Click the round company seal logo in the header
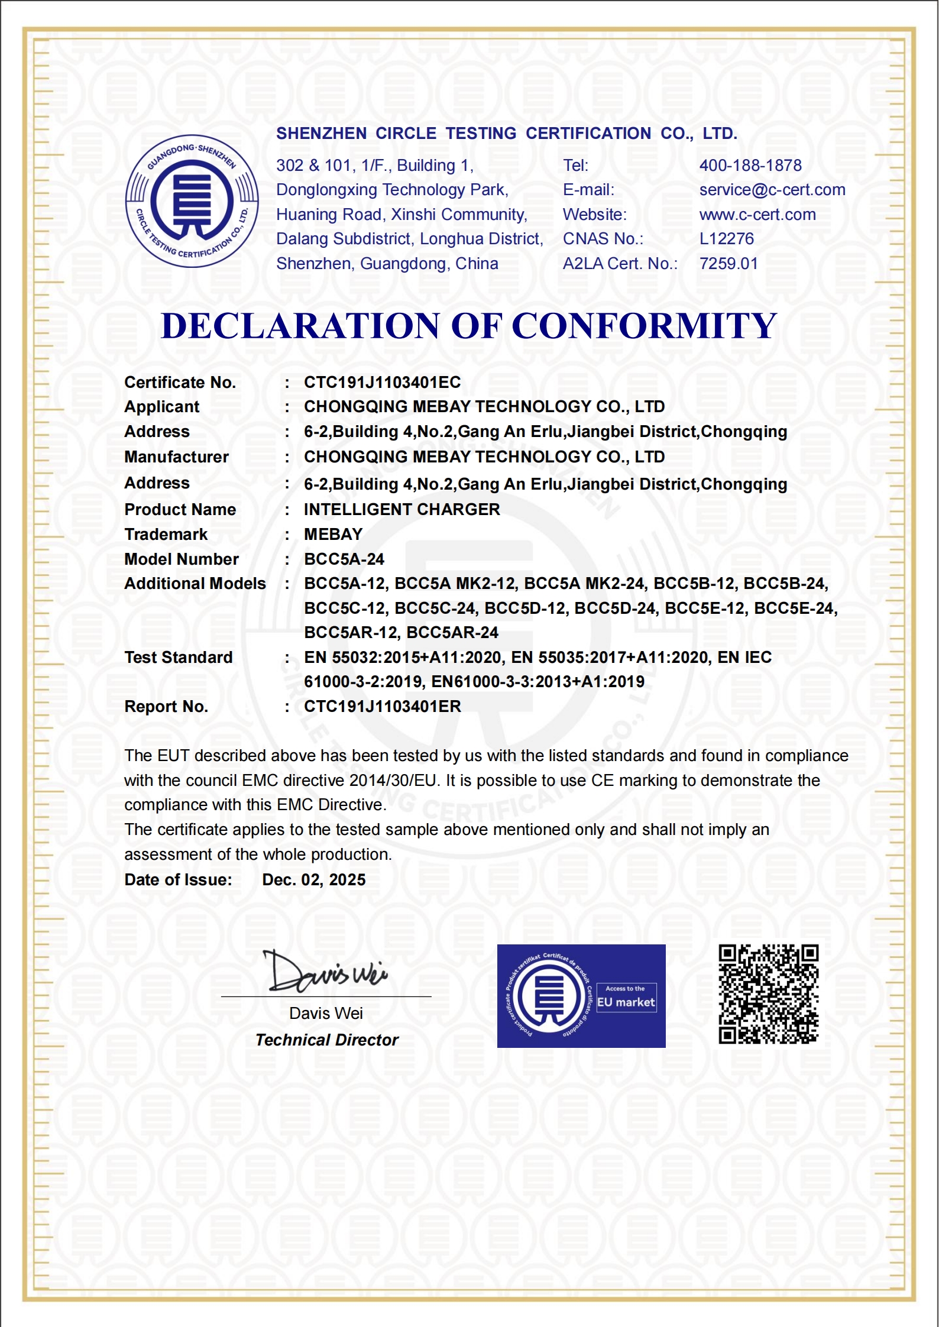pyautogui.click(x=192, y=201)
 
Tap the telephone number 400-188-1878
pyautogui.click(x=750, y=166)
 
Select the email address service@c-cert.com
pyautogui.click(x=772, y=190)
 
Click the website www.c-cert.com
pyautogui.click(x=757, y=215)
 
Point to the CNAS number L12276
pyautogui.click(x=726, y=239)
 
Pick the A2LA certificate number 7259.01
pyautogui.click(x=728, y=264)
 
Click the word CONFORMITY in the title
pyautogui.click(x=644, y=326)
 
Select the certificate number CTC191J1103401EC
pyautogui.click(x=382, y=383)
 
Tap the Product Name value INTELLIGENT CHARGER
pyautogui.click(x=401, y=510)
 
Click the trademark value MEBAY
pyautogui.click(x=333, y=535)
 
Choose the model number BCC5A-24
pyautogui.click(x=344, y=559)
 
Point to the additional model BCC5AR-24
pyautogui.click(x=452, y=633)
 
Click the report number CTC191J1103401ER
pyautogui.click(x=382, y=707)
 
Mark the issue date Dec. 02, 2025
pyautogui.click(x=313, y=880)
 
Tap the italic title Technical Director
pyautogui.click(x=326, y=1040)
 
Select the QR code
pyautogui.click(x=768, y=994)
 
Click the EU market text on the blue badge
pyautogui.click(x=626, y=1002)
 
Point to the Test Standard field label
pyautogui.click(x=178, y=658)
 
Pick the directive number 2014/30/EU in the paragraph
pyautogui.click(x=393, y=781)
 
